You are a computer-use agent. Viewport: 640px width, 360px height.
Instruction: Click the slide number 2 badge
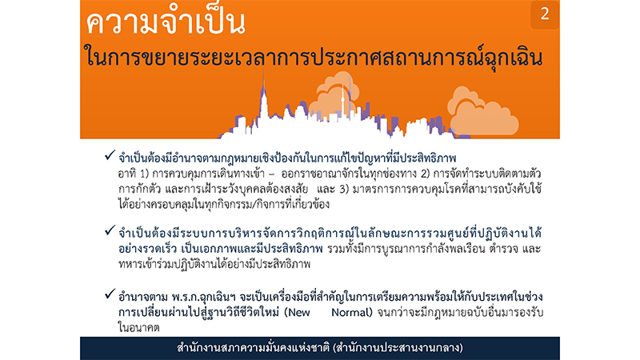(x=545, y=14)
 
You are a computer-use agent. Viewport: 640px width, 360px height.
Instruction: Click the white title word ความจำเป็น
(x=166, y=22)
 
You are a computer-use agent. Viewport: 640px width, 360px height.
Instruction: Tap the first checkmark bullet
(x=110, y=155)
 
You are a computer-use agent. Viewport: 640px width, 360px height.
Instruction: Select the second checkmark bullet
(x=110, y=231)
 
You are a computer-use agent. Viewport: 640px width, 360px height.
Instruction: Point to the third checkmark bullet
(x=110, y=294)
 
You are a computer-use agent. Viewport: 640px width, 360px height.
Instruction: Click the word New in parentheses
(x=298, y=313)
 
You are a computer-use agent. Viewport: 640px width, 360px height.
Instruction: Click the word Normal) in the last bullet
(x=352, y=313)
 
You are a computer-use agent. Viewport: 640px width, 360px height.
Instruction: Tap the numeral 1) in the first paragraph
(x=145, y=174)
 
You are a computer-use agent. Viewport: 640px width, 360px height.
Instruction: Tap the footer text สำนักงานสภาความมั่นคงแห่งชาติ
(x=254, y=348)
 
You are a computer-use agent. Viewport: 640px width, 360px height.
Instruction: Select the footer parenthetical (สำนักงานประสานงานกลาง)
(x=398, y=348)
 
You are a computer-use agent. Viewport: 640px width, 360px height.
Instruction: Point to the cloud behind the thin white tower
(x=334, y=96)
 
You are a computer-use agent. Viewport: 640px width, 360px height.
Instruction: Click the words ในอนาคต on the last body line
(x=138, y=327)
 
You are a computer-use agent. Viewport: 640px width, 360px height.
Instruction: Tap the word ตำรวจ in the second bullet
(x=506, y=249)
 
